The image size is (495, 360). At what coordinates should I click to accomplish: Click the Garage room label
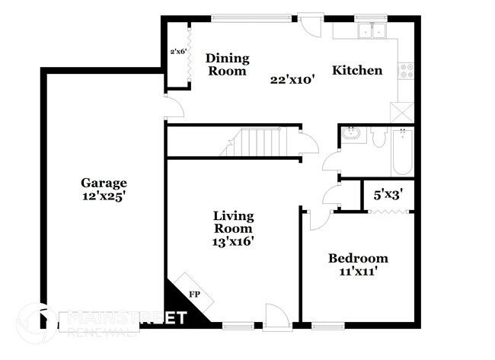tap(104, 183)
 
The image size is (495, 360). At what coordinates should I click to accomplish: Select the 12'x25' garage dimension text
tap(104, 196)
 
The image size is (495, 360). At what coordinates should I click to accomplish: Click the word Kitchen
tap(356, 71)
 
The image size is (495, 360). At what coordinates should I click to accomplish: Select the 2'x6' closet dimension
tap(178, 52)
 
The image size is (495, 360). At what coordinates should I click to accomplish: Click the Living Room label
tap(233, 222)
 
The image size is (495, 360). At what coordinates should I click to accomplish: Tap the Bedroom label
tap(358, 258)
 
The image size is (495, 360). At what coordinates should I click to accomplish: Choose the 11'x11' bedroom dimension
tap(358, 271)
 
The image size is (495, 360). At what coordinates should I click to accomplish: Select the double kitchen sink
tap(372, 31)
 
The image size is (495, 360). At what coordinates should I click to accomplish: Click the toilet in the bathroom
tap(379, 137)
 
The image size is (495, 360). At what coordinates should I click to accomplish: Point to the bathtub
tap(402, 151)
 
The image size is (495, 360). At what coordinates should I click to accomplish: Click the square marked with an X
tap(401, 113)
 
